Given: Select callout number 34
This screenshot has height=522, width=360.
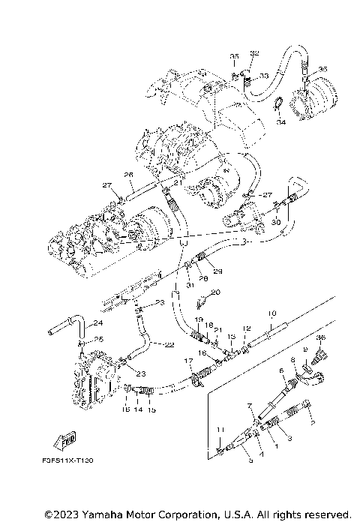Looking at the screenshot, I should (279, 121).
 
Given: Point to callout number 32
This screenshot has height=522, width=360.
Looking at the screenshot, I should (254, 54).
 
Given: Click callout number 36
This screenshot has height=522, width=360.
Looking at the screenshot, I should (320, 338).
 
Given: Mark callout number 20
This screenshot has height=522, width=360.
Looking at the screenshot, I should (216, 292).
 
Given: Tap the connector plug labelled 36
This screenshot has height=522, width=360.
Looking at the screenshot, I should (316, 358).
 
